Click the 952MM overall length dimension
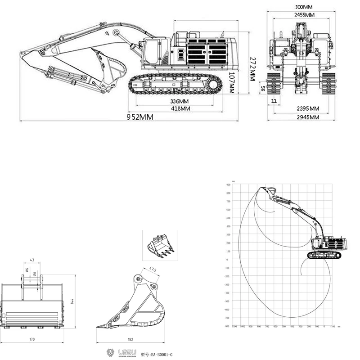click(139, 117)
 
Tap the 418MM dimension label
click(180, 108)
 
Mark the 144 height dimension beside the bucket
click(72, 301)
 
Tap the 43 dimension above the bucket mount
click(31, 261)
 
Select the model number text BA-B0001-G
click(157, 355)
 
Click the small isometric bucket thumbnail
click(160, 245)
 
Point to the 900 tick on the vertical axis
click(228, 184)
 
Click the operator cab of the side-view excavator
click(153, 50)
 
